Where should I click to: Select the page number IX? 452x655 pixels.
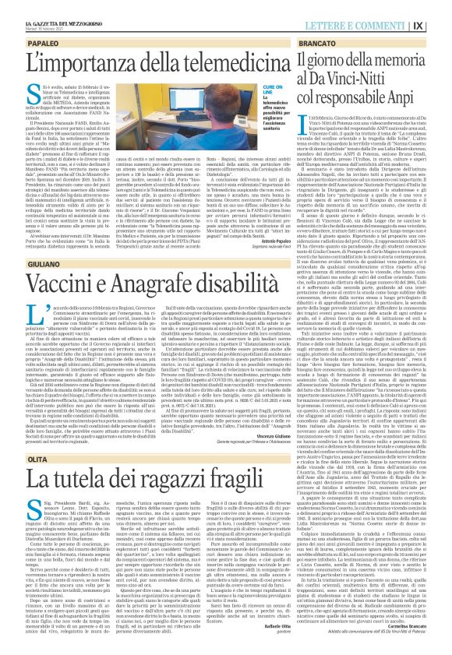(440, 8)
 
